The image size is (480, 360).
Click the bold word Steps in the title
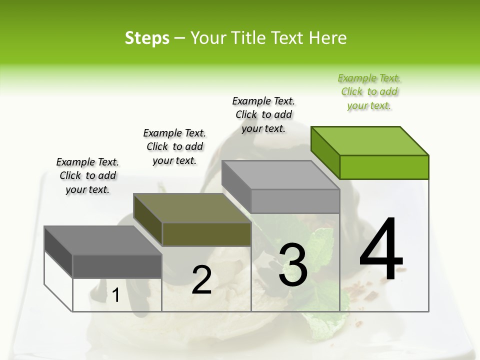tap(147, 38)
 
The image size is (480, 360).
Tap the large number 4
tap(381, 250)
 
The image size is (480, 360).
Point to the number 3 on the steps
tap(293, 265)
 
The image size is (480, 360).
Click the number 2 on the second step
tap(201, 280)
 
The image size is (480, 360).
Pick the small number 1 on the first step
tap(116, 295)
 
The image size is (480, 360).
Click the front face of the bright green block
tap(384, 167)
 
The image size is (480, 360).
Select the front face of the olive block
tap(206, 234)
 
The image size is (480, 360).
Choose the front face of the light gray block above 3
tap(295, 201)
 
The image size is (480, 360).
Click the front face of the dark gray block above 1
tap(117, 266)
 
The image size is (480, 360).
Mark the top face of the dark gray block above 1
tap(103, 240)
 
